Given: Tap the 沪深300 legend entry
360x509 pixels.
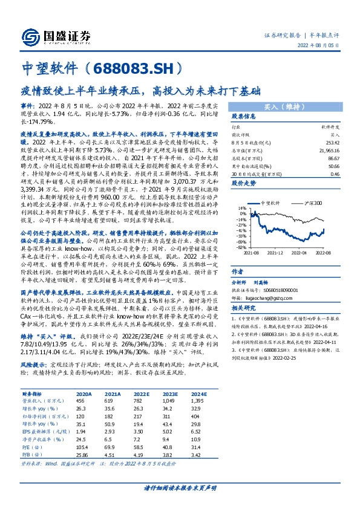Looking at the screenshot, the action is [312, 205].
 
